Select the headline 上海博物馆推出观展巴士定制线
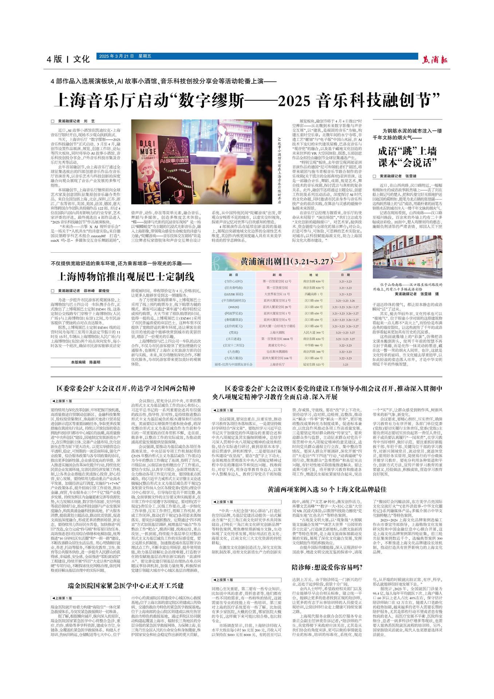tap(125, 276)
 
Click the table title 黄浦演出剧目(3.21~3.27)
tap(286, 262)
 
